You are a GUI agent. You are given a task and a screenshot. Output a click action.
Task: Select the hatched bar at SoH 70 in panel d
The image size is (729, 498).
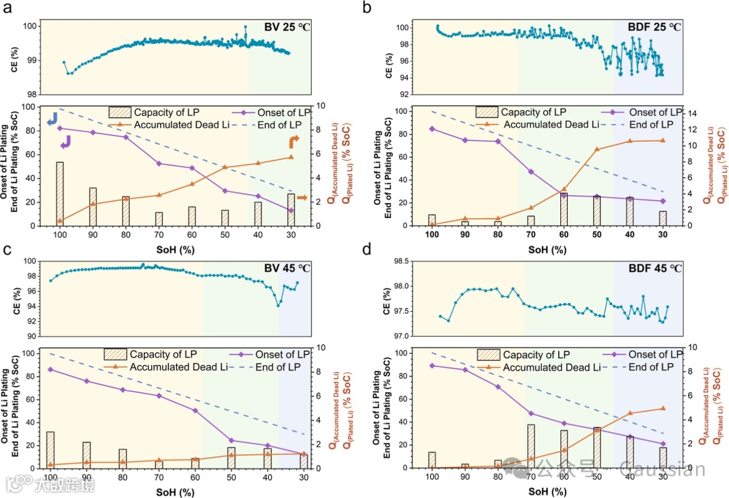531,446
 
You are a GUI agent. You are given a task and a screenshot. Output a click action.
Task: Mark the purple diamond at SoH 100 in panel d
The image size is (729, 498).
432,366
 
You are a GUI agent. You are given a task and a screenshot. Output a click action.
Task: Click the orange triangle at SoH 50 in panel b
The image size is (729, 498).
597,149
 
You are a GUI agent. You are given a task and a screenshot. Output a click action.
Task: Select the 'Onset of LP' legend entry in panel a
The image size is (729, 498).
281,112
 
